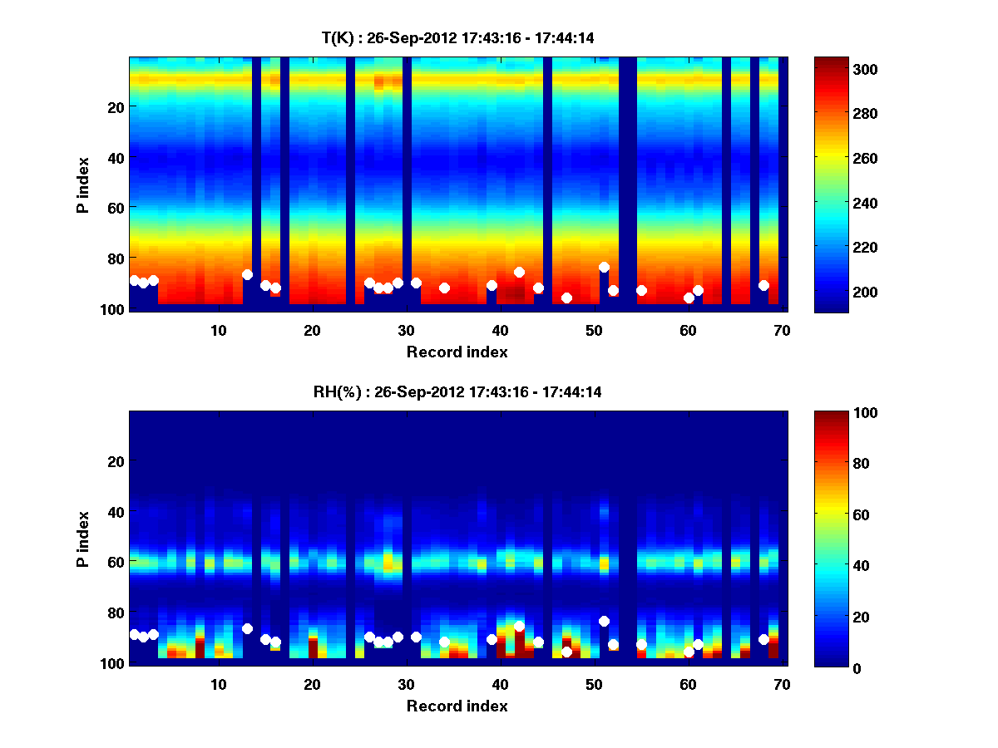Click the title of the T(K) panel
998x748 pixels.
point(457,37)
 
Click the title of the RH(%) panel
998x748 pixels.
point(457,391)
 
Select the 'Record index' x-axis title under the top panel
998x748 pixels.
point(457,352)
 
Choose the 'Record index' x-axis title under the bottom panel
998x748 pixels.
point(457,706)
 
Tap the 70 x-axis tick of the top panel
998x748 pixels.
point(782,330)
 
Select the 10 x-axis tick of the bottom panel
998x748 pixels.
point(218,684)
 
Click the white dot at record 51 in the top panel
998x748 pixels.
point(604,267)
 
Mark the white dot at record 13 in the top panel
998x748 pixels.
point(247,274)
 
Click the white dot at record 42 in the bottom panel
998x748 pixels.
point(519,626)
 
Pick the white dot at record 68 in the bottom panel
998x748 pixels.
point(763,639)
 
